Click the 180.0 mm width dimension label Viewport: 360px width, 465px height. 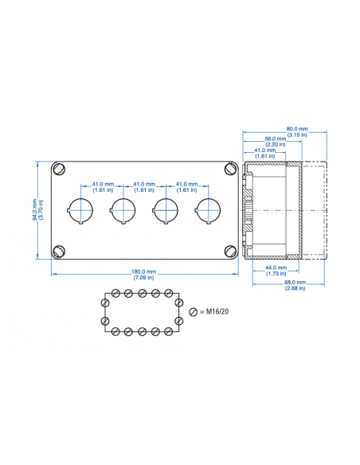pyautogui.click(x=144, y=272)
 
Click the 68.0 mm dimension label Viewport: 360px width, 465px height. pyautogui.click(x=295, y=283)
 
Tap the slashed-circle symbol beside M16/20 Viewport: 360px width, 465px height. pyautogui.click(x=192, y=311)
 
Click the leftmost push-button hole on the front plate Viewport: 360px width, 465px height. pyautogui.click(x=80, y=209)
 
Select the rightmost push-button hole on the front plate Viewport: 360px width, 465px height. pyautogui.click(x=208, y=209)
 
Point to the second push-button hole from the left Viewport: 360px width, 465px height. pyautogui.click(x=123, y=209)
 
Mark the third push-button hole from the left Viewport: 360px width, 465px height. pyautogui.click(x=165, y=209)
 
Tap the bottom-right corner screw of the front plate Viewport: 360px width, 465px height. pyautogui.click(x=229, y=252)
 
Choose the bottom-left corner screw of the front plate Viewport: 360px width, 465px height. pyautogui.click(x=59, y=252)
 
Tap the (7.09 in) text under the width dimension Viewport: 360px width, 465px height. pyautogui.click(x=144, y=279)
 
